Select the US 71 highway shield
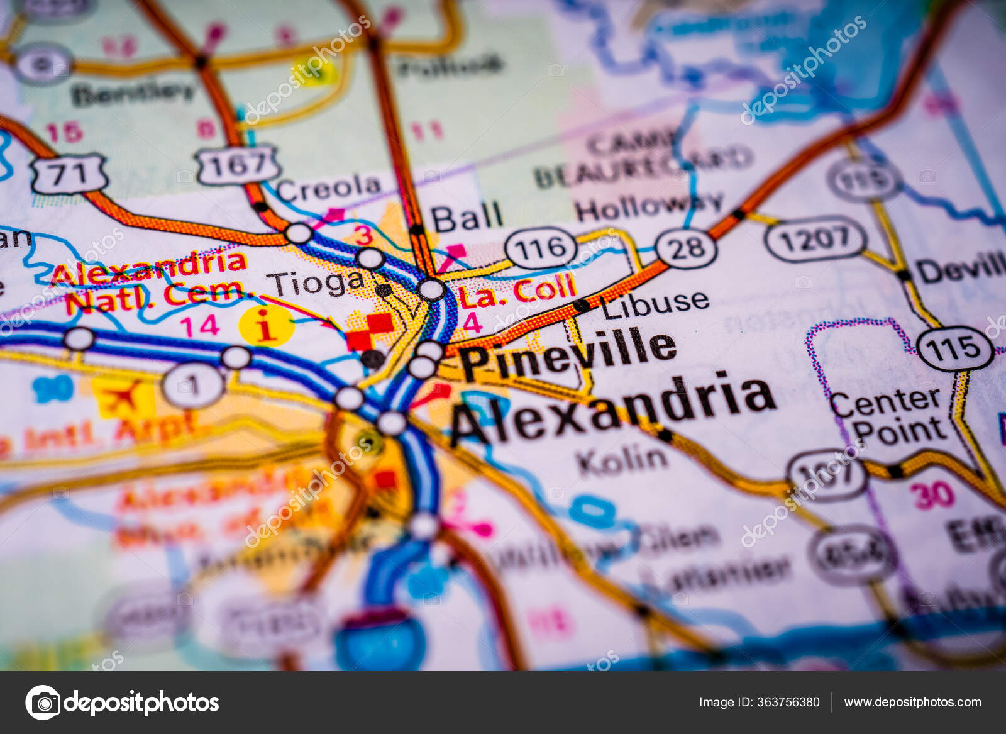(69, 174)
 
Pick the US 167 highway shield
(238, 165)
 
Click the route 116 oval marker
(541, 248)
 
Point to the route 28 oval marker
(686, 248)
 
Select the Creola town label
(328, 187)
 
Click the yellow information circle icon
(267, 326)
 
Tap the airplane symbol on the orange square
(124, 398)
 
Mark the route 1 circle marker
(193, 385)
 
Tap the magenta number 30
(933, 495)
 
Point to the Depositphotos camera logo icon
(43, 702)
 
